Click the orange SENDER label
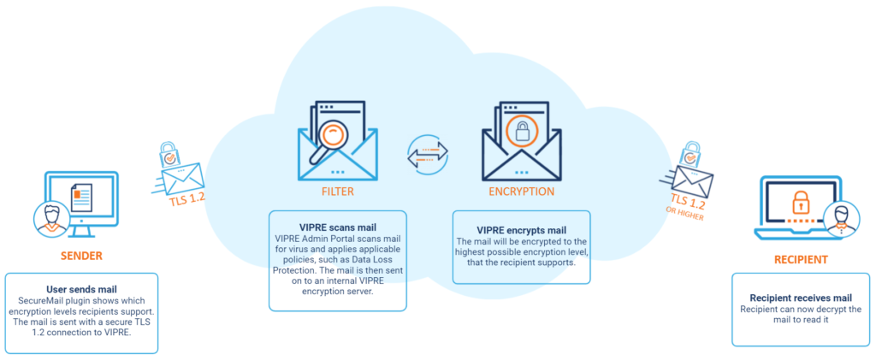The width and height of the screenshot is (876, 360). [x=81, y=257]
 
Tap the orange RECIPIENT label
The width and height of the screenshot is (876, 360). [x=801, y=260]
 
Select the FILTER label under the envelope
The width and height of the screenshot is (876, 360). [x=337, y=192]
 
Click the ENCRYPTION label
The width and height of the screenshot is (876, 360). [x=521, y=192]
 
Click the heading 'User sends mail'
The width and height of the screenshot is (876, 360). [x=81, y=290]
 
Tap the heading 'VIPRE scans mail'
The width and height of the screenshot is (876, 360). [x=337, y=227]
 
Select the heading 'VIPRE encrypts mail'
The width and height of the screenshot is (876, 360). [x=521, y=230]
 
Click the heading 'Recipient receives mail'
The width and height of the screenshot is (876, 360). [x=801, y=298]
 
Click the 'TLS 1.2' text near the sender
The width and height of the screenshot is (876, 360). [x=187, y=195]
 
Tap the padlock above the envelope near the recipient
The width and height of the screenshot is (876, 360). [x=690, y=153]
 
